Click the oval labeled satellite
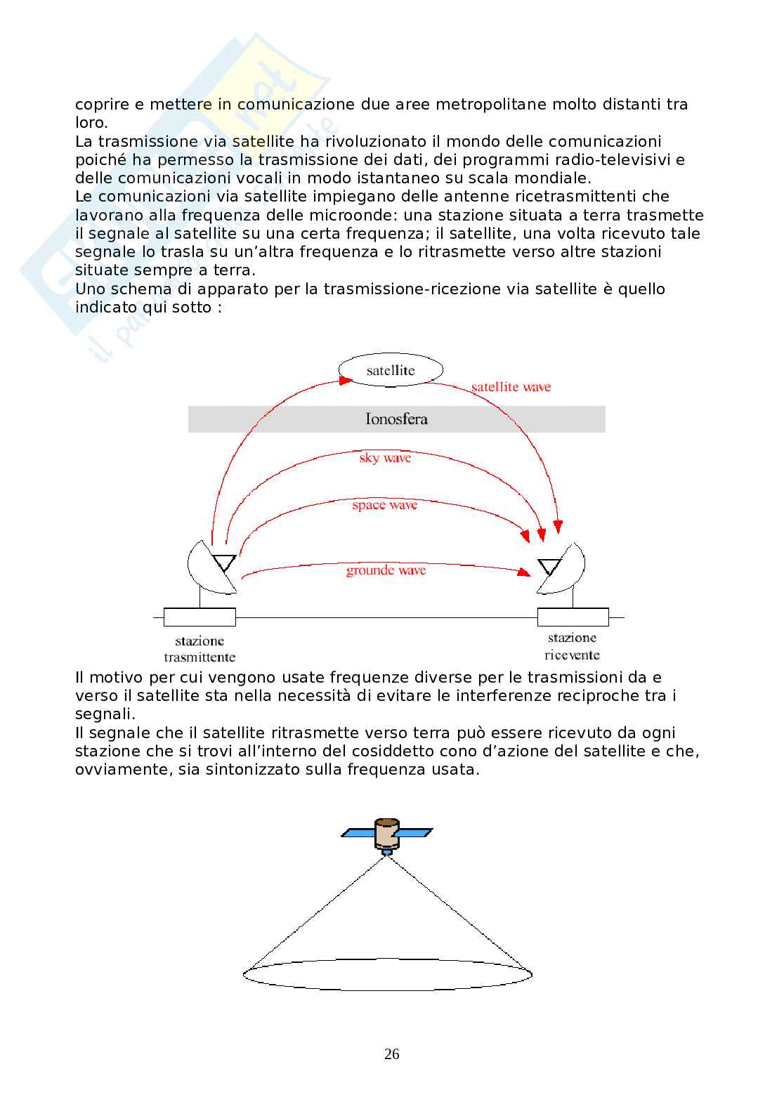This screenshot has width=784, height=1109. (391, 370)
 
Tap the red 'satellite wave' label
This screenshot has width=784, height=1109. (511, 387)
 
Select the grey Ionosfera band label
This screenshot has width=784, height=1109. (396, 419)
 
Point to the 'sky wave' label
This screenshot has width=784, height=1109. (385, 458)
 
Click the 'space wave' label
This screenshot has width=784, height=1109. (384, 505)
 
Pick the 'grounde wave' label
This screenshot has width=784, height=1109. (386, 570)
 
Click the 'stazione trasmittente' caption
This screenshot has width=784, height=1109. (200, 649)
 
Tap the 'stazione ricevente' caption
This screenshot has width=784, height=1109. (573, 646)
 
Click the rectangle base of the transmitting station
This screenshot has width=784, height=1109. (200, 617)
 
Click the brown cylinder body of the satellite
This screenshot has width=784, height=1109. (386, 834)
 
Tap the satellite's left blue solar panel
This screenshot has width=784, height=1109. (358, 833)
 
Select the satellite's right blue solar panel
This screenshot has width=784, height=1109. (416, 833)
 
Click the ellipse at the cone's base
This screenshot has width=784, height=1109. (387, 974)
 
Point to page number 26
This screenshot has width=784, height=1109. (392, 1054)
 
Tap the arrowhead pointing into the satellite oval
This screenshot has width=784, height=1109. (346, 380)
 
